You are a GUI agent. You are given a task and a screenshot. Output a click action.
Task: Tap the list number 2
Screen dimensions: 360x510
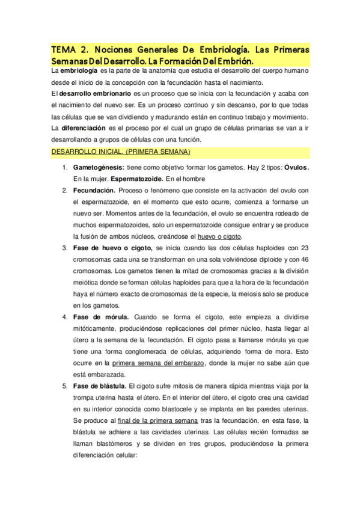pos(66,190)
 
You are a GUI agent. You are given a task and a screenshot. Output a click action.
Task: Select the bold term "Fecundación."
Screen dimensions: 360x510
pos(94,190)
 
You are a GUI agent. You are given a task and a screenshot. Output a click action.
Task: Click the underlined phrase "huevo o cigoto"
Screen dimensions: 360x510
pos(227,236)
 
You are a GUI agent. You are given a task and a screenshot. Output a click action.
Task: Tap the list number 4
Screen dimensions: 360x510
pos(66,317)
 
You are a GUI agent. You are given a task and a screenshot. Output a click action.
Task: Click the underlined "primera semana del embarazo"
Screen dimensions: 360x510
pos(159,363)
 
